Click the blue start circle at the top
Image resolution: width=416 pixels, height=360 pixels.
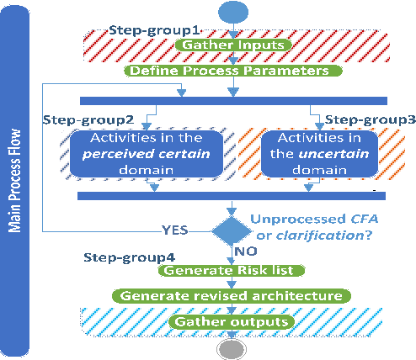(233, 13)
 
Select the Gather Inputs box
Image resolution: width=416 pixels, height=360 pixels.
(233, 44)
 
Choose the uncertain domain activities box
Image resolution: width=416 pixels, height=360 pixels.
(312, 153)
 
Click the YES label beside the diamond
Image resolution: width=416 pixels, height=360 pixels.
(174, 229)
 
